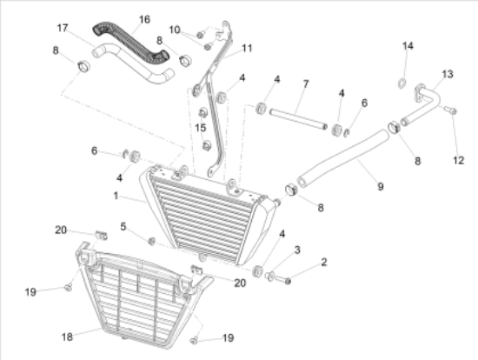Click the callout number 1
116,196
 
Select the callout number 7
306,83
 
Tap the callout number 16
144,19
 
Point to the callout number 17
63,28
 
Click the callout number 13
448,74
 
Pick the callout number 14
408,46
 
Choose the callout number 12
459,160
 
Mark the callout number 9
381,186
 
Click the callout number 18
67,337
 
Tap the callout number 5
123,227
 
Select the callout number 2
324,262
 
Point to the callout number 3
297,250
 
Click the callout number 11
247,48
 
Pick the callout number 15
200,128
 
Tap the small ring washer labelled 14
402,83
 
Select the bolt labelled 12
450,110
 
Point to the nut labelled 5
151,242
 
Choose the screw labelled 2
283,280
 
